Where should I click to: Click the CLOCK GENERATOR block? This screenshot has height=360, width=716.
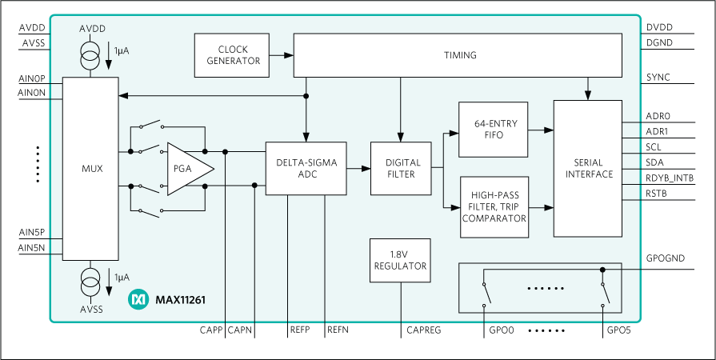coord(233,55)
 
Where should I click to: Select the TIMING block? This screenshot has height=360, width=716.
coord(459,55)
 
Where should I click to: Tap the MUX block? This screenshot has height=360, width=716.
coord(91,168)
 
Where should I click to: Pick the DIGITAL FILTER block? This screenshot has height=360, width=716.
coord(401,168)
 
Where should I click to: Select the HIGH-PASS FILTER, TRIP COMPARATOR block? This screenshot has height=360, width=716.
coord(494,207)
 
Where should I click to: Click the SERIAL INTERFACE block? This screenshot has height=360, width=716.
coord(587,168)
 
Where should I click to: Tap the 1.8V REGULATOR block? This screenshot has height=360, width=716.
coord(401,260)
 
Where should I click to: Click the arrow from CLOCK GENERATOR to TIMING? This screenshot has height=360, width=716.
coord(282,55)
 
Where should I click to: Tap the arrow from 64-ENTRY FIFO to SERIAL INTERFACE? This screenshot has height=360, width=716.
coord(542,130)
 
